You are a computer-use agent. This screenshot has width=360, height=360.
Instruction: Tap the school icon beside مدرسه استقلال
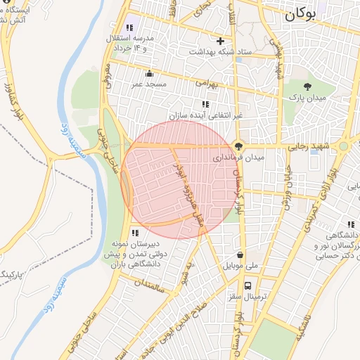(x=129, y=27)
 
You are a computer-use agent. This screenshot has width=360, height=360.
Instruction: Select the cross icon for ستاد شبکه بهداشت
(x=221, y=41)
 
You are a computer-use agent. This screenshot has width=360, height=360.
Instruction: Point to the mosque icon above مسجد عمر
(x=148, y=74)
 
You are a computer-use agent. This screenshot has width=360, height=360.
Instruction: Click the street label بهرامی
(x=207, y=83)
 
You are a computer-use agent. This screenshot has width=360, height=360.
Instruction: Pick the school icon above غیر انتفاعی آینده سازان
(x=205, y=104)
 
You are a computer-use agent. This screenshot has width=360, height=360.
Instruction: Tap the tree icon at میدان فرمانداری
(x=239, y=147)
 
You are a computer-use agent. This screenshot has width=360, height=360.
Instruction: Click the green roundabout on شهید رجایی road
(x=343, y=146)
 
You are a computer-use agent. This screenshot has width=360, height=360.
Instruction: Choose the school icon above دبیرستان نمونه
(x=135, y=233)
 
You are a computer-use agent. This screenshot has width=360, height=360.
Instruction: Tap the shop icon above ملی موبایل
(x=240, y=255)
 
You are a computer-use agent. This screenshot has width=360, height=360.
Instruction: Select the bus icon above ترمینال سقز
(x=247, y=285)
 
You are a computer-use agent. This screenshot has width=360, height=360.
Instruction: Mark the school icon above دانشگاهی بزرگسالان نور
(x=350, y=224)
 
